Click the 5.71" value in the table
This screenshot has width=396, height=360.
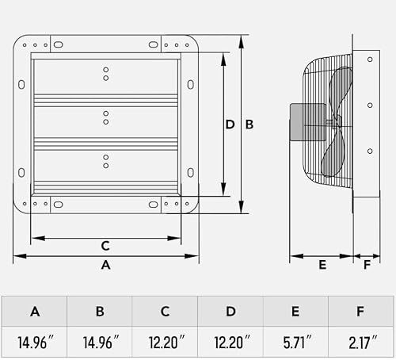tap(297, 343)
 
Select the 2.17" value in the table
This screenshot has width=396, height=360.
tap(363, 343)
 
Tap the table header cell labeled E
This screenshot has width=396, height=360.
tap(295, 312)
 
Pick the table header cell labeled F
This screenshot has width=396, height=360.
tap(360, 312)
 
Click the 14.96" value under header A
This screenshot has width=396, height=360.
tap(36, 343)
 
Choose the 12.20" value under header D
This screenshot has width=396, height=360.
tap(232, 343)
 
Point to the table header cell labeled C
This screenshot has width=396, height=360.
tap(165, 312)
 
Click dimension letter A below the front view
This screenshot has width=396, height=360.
tap(105, 265)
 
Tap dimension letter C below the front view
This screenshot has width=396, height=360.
tap(105, 246)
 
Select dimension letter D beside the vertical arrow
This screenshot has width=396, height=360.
tap(230, 124)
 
